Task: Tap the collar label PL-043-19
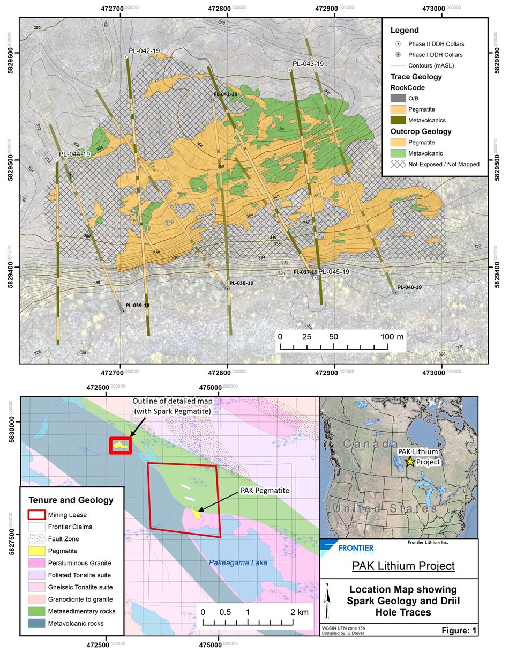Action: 308,64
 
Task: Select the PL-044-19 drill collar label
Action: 74,154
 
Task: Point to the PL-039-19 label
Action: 137,305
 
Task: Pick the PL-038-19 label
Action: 241,283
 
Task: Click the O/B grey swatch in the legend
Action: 398,98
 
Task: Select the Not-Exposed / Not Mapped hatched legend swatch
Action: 398,164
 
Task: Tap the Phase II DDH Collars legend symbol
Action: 398,43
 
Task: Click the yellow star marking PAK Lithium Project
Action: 410,462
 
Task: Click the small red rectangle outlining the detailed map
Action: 121,446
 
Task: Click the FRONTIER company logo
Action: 348,547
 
